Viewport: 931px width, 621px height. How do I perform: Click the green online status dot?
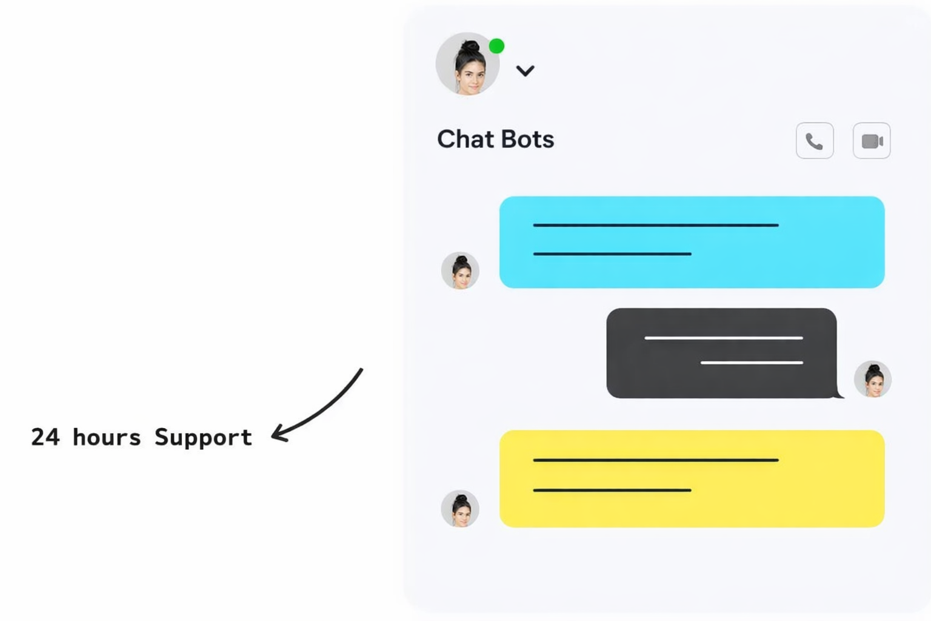coord(496,46)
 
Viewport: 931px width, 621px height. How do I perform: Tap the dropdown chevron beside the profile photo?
coord(525,71)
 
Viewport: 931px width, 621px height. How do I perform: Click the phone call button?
coord(814,141)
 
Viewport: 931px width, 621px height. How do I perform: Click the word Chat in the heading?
coord(465,139)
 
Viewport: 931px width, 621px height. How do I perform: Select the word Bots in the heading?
coord(527,139)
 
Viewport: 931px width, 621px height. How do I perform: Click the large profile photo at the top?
coord(467,64)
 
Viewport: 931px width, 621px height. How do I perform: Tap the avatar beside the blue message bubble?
coord(460,270)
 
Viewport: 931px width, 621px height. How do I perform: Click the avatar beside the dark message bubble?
coord(872,379)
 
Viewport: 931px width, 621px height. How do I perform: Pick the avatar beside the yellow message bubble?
coord(460,508)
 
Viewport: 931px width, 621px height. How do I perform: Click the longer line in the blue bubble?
coord(655,225)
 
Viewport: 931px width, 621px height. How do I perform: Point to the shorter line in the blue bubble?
coord(612,253)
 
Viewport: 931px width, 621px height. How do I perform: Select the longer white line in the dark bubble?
coord(723,338)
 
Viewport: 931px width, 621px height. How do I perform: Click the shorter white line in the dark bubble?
coord(752,363)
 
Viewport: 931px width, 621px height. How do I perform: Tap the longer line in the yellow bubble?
coord(655,460)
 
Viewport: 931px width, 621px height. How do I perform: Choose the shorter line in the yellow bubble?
coord(612,490)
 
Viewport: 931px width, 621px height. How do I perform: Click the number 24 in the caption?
coord(45,437)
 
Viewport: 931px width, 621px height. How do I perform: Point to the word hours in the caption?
coord(107,437)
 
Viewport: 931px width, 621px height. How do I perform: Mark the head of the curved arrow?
coord(276,434)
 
